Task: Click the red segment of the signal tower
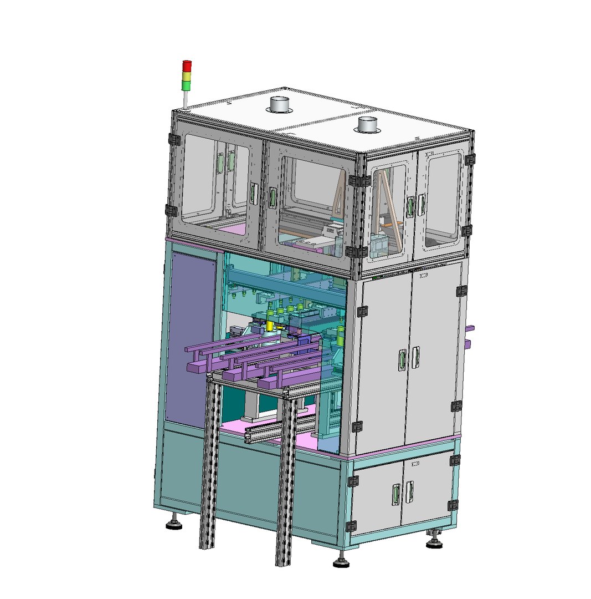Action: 187,65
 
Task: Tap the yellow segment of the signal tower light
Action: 187,75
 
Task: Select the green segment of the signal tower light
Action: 187,85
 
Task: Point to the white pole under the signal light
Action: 186,99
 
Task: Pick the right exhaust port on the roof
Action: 368,124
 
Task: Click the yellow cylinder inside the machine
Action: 270,326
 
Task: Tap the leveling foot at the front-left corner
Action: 174,523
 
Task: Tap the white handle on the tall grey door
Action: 415,357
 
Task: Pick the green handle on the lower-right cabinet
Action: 395,495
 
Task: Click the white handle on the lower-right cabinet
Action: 409,491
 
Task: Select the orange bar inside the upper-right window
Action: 392,223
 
